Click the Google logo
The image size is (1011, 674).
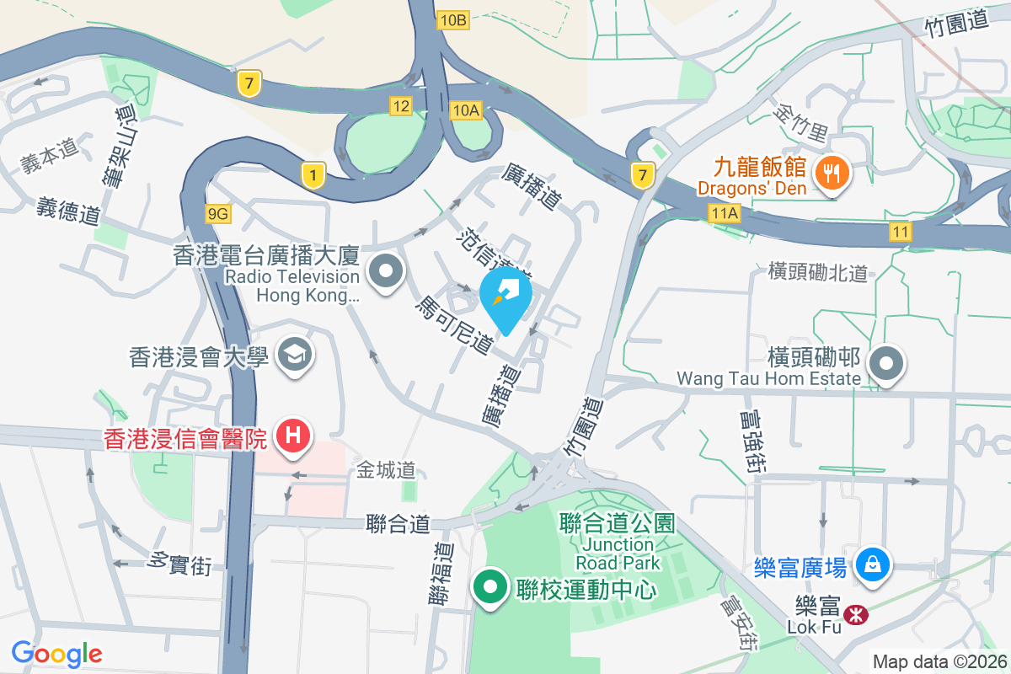pyautogui.click(x=57, y=654)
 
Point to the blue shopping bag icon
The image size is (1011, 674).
pyautogui.click(x=872, y=564)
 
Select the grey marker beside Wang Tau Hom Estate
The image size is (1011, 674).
pyautogui.click(x=886, y=365)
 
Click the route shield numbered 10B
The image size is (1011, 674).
pyautogui.click(x=452, y=20)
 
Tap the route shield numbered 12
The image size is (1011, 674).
pyautogui.click(x=401, y=105)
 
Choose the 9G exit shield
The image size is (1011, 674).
pyautogui.click(x=217, y=214)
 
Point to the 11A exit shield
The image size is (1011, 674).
pyautogui.click(x=724, y=214)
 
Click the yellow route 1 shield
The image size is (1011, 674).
pyautogui.click(x=313, y=175)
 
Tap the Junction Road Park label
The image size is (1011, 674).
pyautogui.click(x=618, y=554)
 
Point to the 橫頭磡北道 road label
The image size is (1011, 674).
pyautogui.click(x=817, y=272)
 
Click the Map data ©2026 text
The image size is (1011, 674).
pyautogui.click(x=939, y=662)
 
